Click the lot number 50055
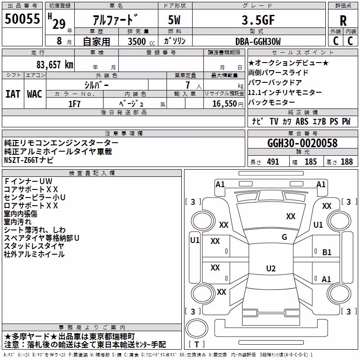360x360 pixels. [22, 19]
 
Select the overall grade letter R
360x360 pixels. [343, 21]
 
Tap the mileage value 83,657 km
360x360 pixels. [54, 65]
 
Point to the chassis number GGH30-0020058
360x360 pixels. [302, 143]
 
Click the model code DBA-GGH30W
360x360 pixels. [258, 41]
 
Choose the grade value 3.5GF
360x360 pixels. [258, 20]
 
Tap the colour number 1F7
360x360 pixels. [74, 104]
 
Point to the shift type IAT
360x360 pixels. [13, 94]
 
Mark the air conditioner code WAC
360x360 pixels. [35, 94]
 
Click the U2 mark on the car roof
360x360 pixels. [271, 268]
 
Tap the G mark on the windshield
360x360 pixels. [284, 237]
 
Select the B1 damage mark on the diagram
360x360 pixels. [327, 252]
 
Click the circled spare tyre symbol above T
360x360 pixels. [197, 328]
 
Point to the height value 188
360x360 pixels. [346, 162]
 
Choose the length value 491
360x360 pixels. [273, 162]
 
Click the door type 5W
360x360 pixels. [174, 20]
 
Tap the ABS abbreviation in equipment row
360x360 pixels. [302, 121]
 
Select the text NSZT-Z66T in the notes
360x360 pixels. [21, 160]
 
